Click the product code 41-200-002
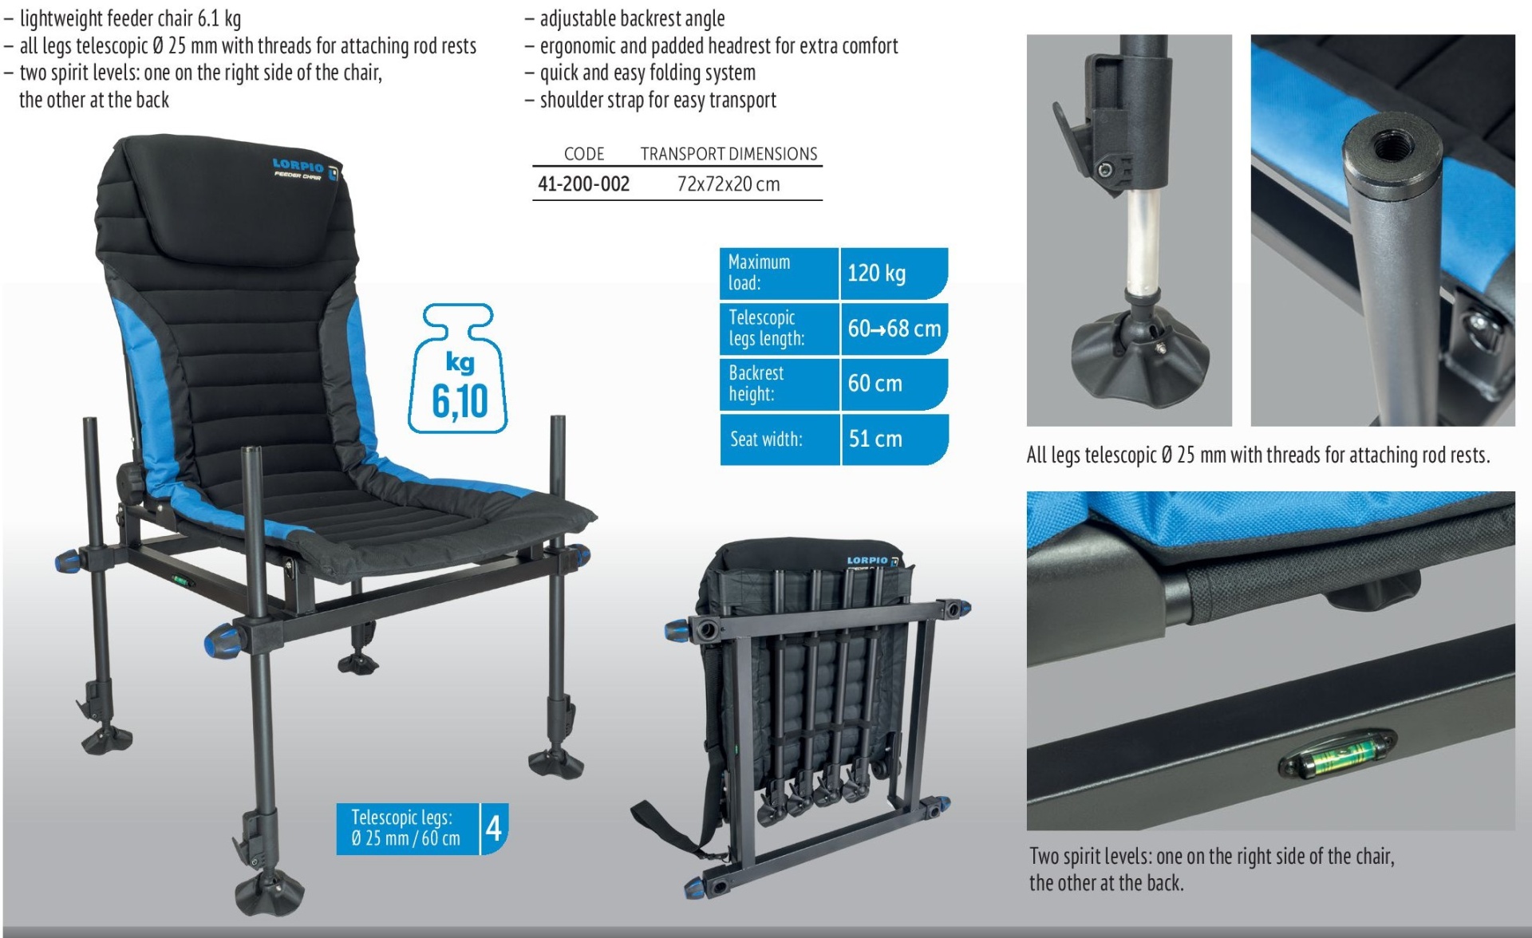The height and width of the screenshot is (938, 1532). tap(583, 184)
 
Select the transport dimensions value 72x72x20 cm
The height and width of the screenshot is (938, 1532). tap(728, 184)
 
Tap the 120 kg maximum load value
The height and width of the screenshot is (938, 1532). tap(876, 274)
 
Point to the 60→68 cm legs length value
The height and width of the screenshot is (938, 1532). tap(894, 329)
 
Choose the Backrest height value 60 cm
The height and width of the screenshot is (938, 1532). tap(875, 384)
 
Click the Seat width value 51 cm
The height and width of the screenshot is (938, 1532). tap(875, 439)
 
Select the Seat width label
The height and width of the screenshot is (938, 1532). tap(766, 439)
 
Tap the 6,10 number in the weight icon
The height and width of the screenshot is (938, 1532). tap(460, 401)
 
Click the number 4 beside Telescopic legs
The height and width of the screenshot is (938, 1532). tap(494, 828)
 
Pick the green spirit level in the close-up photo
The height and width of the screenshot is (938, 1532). tap(1338, 752)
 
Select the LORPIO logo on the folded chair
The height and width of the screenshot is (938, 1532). tap(868, 561)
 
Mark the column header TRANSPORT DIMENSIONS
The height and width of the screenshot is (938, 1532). tap(728, 154)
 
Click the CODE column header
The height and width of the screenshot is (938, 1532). tap(584, 154)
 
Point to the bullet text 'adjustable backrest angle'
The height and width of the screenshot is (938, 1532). tap(632, 18)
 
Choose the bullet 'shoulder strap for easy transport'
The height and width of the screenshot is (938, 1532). tap(657, 100)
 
